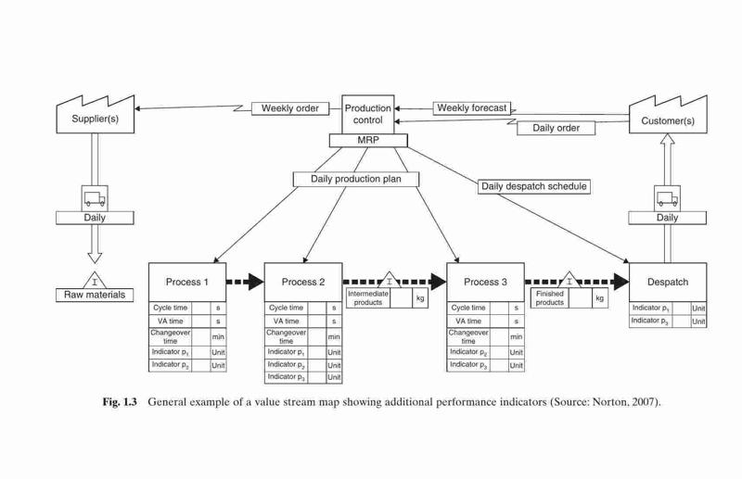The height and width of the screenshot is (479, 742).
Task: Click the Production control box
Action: point(367,115)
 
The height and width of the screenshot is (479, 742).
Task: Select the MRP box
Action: point(367,141)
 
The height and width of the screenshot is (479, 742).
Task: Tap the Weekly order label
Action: point(290,108)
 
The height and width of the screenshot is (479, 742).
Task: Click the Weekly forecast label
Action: point(472,108)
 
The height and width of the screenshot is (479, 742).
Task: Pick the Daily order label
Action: point(556,128)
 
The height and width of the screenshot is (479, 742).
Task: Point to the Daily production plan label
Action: point(356,179)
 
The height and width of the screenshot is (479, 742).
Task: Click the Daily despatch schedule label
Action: point(534,186)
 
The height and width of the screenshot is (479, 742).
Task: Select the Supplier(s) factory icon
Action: point(96,115)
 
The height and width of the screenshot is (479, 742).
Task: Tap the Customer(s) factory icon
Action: point(668,115)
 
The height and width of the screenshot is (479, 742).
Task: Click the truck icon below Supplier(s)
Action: point(95,198)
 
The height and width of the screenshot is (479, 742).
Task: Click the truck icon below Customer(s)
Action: point(667,198)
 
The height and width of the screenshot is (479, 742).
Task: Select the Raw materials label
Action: point(95,295)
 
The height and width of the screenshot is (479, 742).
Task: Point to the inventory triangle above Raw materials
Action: point(95,281)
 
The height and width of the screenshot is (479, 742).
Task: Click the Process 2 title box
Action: point(303,283)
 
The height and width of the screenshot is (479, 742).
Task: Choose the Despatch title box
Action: point(668,283)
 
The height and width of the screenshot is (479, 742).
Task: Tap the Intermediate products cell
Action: point(368,298)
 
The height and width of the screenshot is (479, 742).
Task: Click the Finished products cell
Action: point(549,298)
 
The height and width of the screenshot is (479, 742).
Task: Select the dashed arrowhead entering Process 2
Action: point(256,282)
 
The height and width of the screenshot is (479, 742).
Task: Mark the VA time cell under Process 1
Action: point(170,321)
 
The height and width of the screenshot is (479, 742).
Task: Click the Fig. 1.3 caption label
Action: point(120,402)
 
